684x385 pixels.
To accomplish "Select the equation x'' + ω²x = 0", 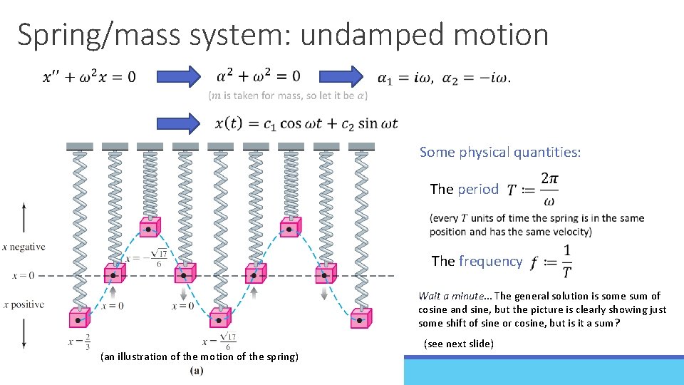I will click(x=89, y=76).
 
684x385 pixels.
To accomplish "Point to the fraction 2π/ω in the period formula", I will click(x=549, y=188).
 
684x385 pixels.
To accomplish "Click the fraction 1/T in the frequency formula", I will click(x=566, y=261).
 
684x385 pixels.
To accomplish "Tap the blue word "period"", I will click(x=478, y=189).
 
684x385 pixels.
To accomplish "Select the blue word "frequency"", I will click(x=490, y=261).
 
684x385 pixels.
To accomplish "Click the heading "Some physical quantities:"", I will click(x=500, y=152).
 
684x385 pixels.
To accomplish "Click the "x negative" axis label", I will click(x=24, y=247).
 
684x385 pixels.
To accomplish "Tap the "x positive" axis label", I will click(x=24, y=304).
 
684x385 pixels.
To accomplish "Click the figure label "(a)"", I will click(x=197, y=371).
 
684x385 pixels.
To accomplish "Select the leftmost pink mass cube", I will click(x=78, y=317).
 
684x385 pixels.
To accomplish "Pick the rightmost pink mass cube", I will click(x=361, y=317).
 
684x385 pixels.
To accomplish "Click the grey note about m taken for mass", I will click(x=288, y=96).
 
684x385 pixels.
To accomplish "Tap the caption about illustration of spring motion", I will click(x=199, y=356).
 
